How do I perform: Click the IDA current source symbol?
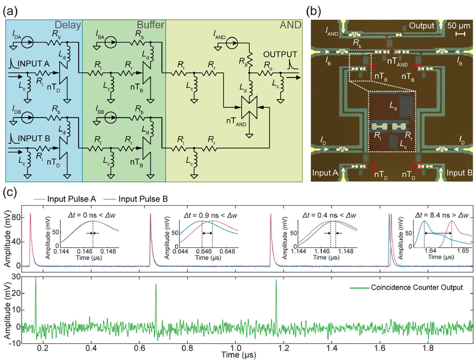tap(28, 43)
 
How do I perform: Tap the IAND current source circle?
tap(233, 43)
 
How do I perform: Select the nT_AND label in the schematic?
tap(236, 122)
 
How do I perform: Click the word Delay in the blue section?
tap(68, 25)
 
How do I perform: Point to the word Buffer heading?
tap(150, 25)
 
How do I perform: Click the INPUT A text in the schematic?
tap(34, 64)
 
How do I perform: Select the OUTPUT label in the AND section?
tap(280, 55)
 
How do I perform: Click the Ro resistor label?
tap(268, 65)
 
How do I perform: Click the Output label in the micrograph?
tap(421, 26)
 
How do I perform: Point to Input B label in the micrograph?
tap(459, 173)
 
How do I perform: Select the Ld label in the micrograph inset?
tap(393, 106)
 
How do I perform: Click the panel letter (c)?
tap(9, 193)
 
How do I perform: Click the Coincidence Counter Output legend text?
tap(417, 287)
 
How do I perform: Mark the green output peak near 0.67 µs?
tap(156, 284)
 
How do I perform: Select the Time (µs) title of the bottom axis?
tap(239, 354)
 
